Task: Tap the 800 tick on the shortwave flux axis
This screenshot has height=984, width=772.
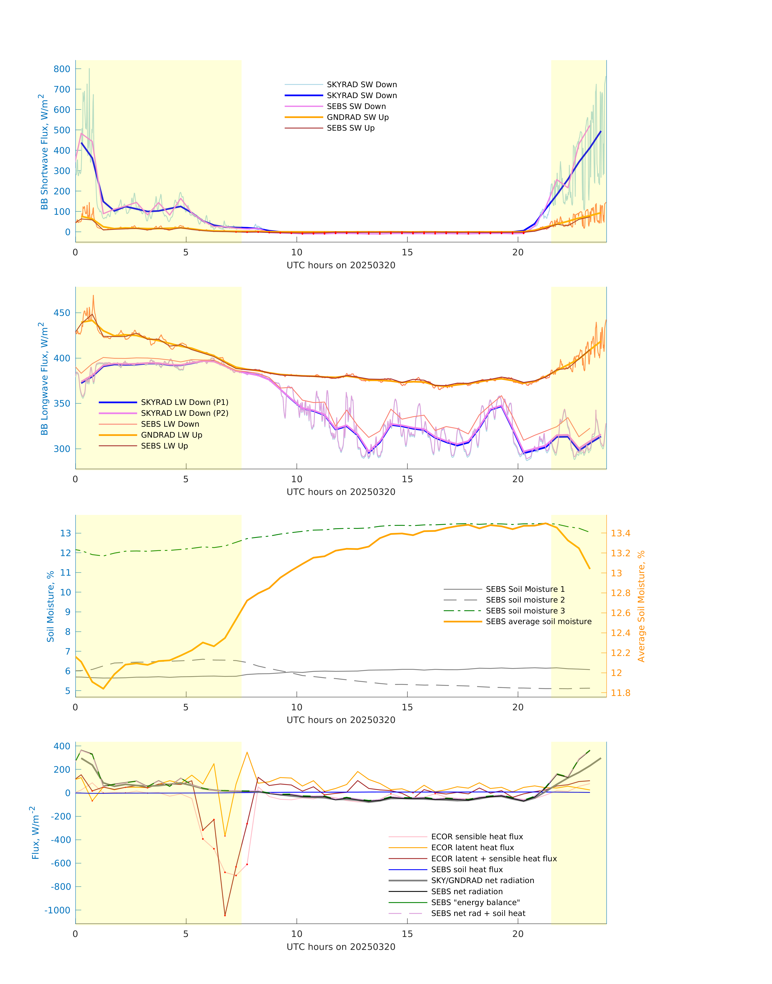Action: (x=62, y=69)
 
